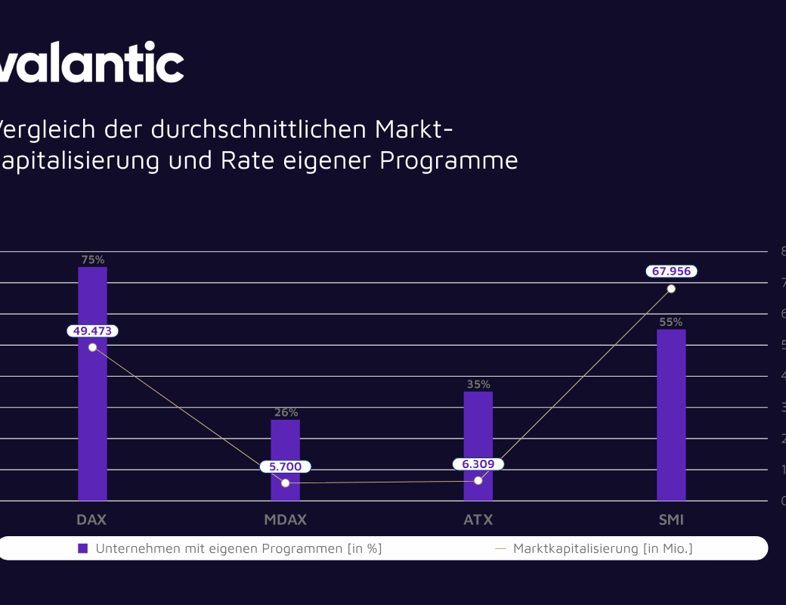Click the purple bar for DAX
pyautogui.click(x=92, y=423)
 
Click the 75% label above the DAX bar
pyautogui.click(x=92, y=259)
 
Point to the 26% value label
pyautogui.click(x=286, y=413)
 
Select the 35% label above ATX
pyautogui.click(x=478, y=384)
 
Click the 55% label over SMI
pyautogui.click(x=671, y=321)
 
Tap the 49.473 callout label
pyautogui.click(x=92, y=330)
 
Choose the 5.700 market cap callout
pyautogui.click(x=285, y=467)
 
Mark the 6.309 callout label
pyautogui.click(x=478, y=464)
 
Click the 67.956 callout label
pyautogui.click(x=671, y=271)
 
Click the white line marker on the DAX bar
pyautogui.click(x=92, y=347)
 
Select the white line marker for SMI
pyautogui.click(x=671, y=289)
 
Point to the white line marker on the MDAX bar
pyautogui.click(x=285, y=482)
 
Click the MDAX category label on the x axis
pyautogui.click(x=286, y=520)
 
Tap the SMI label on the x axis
pyautogui.click(x=671, y=520)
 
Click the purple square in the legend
pyautogui.click(x=83, y=548)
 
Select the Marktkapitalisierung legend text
pyautogui.click(x=602, y=548)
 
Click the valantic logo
pyautogui.click(x=91, y=62)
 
